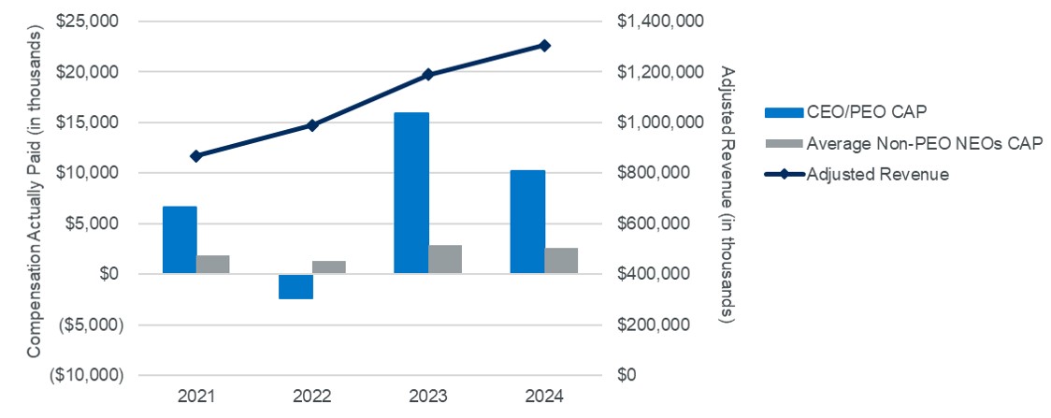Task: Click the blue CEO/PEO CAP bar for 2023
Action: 410,193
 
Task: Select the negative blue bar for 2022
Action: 295,286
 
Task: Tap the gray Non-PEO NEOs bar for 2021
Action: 213,264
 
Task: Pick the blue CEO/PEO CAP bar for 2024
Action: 526,222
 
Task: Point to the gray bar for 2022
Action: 329,267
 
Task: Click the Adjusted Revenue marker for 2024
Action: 544,45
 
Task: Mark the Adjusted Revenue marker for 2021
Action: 196,155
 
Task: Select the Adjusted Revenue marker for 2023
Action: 428,74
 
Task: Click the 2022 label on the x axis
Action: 312,396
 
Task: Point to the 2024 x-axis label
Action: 544,396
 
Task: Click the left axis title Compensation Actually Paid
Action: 35,197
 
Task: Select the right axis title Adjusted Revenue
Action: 730,197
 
